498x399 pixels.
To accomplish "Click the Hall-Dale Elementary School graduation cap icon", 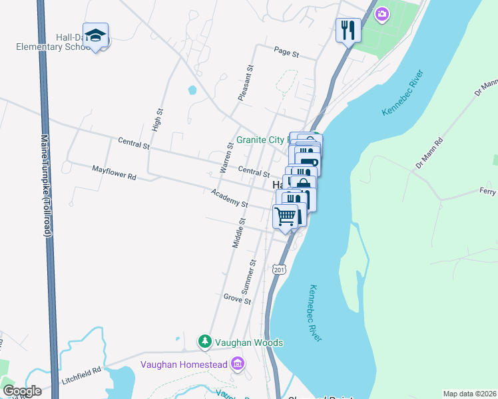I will pyautogui.click(x=95, y=35).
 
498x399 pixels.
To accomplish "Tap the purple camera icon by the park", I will pyautogui.click(x=382, y=13).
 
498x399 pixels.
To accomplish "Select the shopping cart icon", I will pyautogui.click(x=286, y=215).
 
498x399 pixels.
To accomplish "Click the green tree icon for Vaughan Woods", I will pyautogui.click(x=205, y=342).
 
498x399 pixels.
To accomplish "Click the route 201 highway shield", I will pyautogui.click(x=279, y=268).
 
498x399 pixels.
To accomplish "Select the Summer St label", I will pyautogui.click(x=247, y=277).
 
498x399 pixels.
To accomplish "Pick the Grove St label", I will pyautogui.click(x=237, y=299).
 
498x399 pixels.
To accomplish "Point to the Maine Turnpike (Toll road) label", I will pyautogui.click(x=46, y=186).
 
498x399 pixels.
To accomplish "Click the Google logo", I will pyautogui.click(x=21, y=391).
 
